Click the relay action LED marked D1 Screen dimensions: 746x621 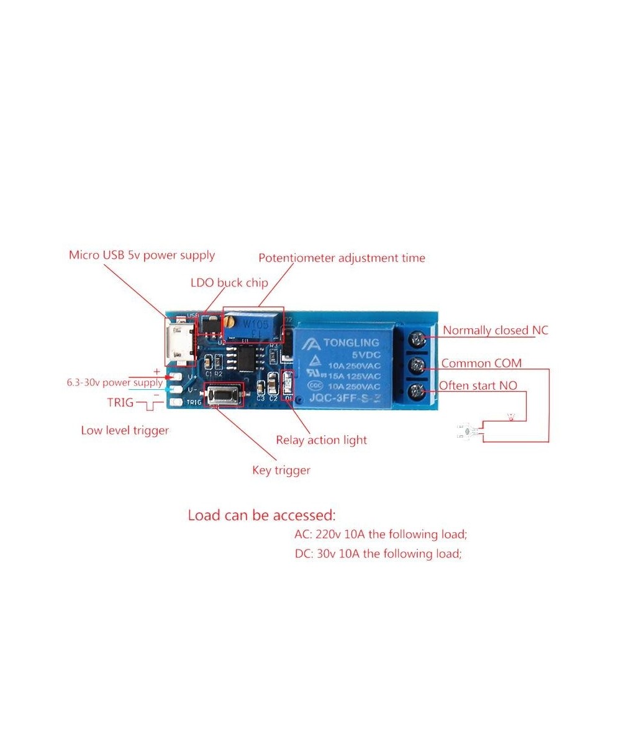point(287,384)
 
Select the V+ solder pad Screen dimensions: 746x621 point(176,377)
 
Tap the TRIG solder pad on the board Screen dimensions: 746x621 point(176,403)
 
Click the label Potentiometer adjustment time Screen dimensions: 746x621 point(342,257)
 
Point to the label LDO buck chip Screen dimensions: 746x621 point(229,283)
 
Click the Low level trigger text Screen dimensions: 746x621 point(125,430)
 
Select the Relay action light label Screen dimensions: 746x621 point(321,440)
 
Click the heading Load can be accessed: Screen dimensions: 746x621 point(261,515)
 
